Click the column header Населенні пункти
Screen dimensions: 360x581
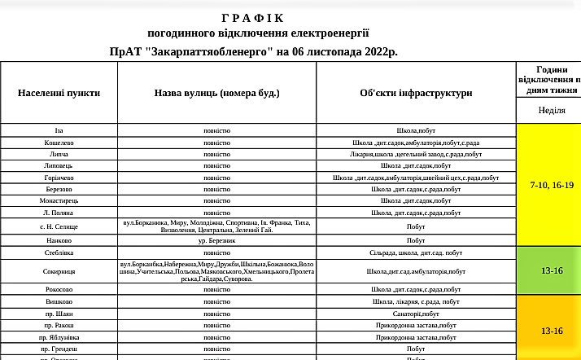click(x=59, y=93)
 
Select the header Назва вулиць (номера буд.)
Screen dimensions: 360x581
click(x=216, y=93)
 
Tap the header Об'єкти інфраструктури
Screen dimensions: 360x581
click(x=416, y=93)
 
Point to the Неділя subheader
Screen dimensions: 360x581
click(x=553, y=110)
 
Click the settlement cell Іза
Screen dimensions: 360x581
click(x=59, y=130)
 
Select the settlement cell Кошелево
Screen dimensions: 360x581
click(x=59, y=142)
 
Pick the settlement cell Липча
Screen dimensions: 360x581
click(x=59, y=153)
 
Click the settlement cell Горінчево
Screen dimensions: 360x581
click(x=59, y=177)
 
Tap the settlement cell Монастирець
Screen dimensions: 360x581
click(x=59, y=200)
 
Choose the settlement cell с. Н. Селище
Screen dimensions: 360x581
click(x=59, y=226)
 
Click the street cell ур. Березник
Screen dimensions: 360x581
click(x=216, y=240)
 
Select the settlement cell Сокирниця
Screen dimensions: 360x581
click(x=59, y=270)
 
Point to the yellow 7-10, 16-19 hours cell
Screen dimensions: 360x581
click(x=552, y=186)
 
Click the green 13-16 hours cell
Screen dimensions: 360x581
click(x=552, y=270)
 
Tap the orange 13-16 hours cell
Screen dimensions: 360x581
click(x=552, y=331)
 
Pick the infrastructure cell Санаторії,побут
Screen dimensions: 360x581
click(x=416, y=313)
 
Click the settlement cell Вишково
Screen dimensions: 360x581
click(x=59, y=301)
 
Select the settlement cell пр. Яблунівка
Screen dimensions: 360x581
click(x=59, y=336)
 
